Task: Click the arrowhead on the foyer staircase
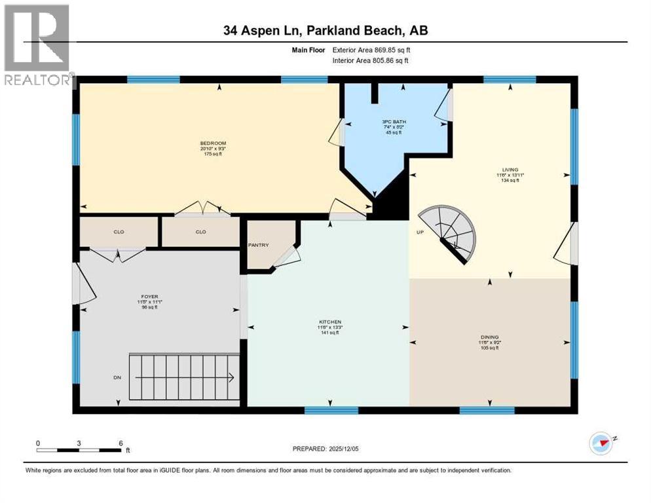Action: click(x=231, y=377)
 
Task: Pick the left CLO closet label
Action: click(x=119, y=232)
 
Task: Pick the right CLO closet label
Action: click(x=200, y=232)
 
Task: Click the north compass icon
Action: click(x=601, y=443)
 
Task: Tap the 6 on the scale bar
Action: click(x=121, y=443)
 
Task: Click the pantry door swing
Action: click(x=286, y=259)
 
